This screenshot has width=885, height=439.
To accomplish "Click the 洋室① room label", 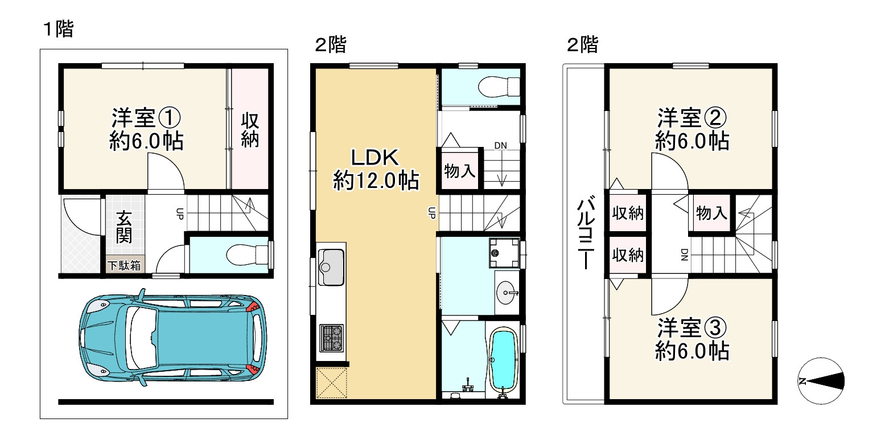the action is [146, 117].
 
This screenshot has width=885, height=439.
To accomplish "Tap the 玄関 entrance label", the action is [124, 227].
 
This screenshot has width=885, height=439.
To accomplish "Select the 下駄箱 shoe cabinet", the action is [125, 265].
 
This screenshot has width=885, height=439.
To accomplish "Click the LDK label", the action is [375, 157].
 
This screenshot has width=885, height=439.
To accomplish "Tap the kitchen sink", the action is [331, 266].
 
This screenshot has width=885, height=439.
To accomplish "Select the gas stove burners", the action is [331, 338].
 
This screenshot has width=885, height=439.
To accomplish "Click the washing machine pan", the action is [504, 252].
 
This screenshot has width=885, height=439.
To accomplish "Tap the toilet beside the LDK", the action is [499, 86].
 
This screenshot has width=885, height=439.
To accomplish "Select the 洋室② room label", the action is [692, 117].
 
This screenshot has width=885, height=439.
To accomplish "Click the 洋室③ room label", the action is [692, 327].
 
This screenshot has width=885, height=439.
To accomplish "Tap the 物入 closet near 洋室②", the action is [711, 213].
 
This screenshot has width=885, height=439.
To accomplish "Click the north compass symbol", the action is [821, 381].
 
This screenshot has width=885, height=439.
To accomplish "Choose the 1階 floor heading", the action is [59, 29].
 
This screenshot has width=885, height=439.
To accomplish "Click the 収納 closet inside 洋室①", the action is [250, 130].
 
